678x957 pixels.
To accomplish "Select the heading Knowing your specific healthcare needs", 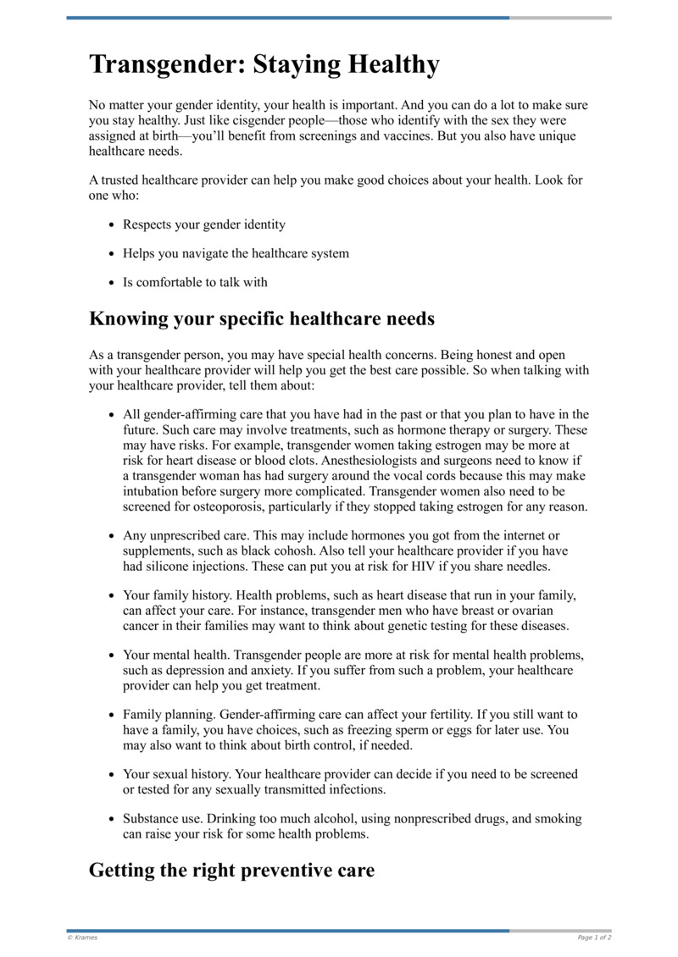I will point(262,319).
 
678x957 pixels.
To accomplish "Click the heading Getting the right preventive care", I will point(231,870).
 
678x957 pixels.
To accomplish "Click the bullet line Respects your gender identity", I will point(204,224).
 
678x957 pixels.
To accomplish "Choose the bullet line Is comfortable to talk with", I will point(195,282).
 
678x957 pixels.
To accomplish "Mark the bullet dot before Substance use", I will point(113,820).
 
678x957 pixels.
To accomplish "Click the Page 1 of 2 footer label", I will point(594,938).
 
